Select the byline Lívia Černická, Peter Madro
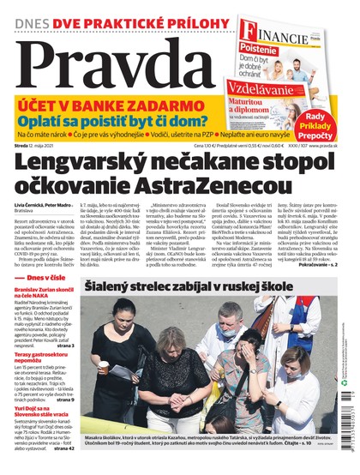pos(55,207)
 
